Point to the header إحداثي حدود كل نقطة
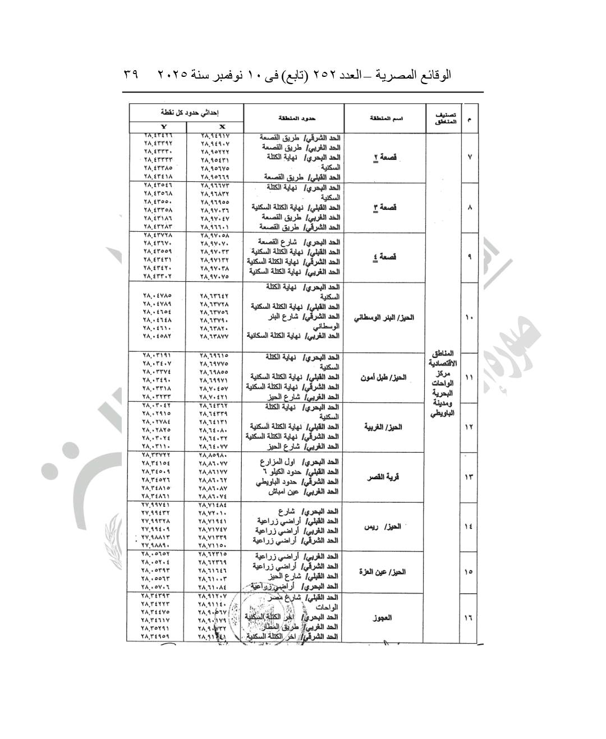click(186, 112)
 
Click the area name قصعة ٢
click(385, 157)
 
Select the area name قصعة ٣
click(385, 207)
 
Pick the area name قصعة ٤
click(385, 257)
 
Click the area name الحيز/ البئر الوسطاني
click(384, 318)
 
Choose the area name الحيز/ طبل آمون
click(383, 378)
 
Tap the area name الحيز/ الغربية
click(383, 427)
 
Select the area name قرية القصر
click(383, 477)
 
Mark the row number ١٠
click(469, 318)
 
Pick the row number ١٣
click(469, 477)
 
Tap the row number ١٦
click(469, 618)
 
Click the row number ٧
click(469, 157)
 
